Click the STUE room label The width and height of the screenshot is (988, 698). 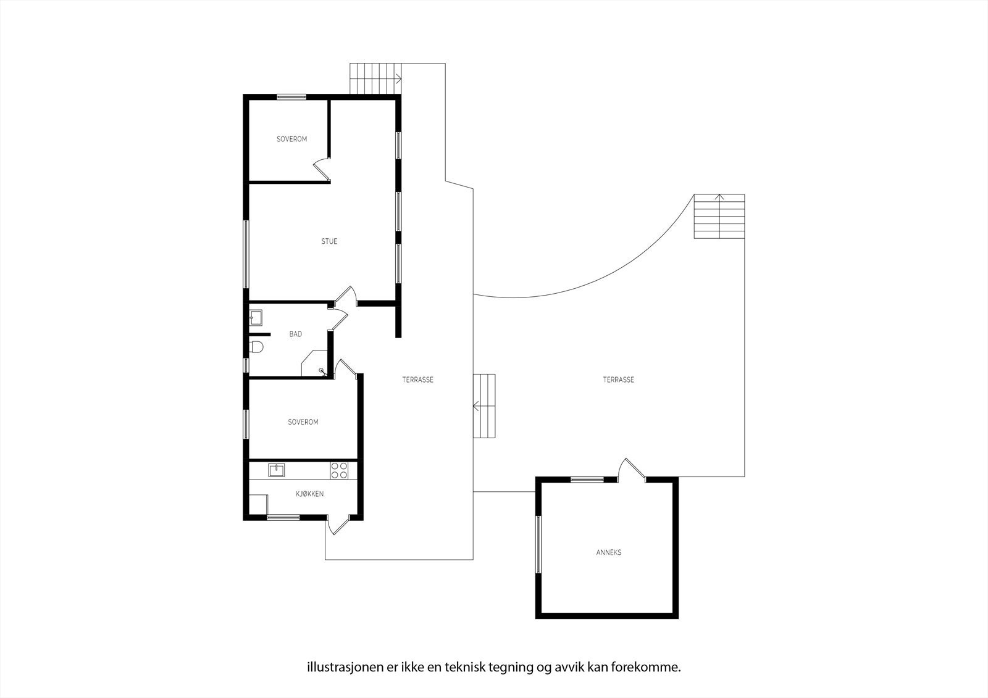[329, 241]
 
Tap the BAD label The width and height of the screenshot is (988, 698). [296, 334]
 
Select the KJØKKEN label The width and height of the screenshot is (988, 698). [309, 494]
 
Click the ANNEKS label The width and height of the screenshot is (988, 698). [608, 552]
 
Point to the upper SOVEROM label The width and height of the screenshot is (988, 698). [291, 139]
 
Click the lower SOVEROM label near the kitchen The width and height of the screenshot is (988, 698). [303, 422]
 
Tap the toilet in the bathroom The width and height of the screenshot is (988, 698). [256, 347]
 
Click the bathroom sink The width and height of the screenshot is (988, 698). [256, 318]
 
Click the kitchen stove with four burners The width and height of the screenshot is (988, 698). [338, 470]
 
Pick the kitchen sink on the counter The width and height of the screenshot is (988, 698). [277, 470]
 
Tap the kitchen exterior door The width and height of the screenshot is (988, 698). [337, 525]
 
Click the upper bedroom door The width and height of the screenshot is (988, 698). [322, 168]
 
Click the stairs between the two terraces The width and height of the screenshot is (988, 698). [485, 405]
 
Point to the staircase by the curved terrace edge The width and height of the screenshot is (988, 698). [719, 216]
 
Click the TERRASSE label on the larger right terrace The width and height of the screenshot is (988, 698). [618, 380]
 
